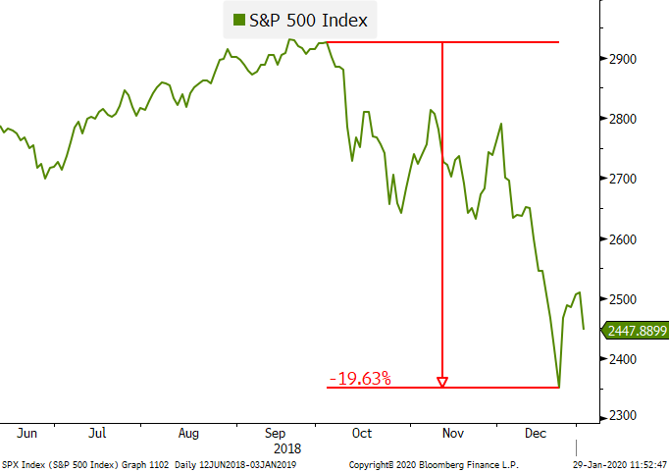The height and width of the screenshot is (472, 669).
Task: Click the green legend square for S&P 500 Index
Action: point(239,20)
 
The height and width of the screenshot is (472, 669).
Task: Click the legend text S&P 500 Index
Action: point(309,20)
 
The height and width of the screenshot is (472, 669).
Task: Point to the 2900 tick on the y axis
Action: point(623,59)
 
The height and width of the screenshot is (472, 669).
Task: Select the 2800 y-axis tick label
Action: point(623,119)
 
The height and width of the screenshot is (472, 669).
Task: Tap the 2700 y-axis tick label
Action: point(623,179)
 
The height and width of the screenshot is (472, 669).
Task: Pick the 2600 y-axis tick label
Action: point(623,238)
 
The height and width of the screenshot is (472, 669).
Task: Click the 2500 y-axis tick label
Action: point(623,298)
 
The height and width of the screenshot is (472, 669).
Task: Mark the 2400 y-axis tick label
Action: point(623,359)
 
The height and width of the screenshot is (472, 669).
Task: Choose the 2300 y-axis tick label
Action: point(623,415)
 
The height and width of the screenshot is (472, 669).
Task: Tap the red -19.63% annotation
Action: point(359,378)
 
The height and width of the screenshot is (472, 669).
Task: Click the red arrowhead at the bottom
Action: point(442,382)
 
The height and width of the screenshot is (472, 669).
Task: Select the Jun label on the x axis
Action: point(27,432)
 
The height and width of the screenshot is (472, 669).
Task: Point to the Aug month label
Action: point(189,432)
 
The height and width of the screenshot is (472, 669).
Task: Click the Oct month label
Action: point(362,432)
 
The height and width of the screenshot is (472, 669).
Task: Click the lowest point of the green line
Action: point(558,387)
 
